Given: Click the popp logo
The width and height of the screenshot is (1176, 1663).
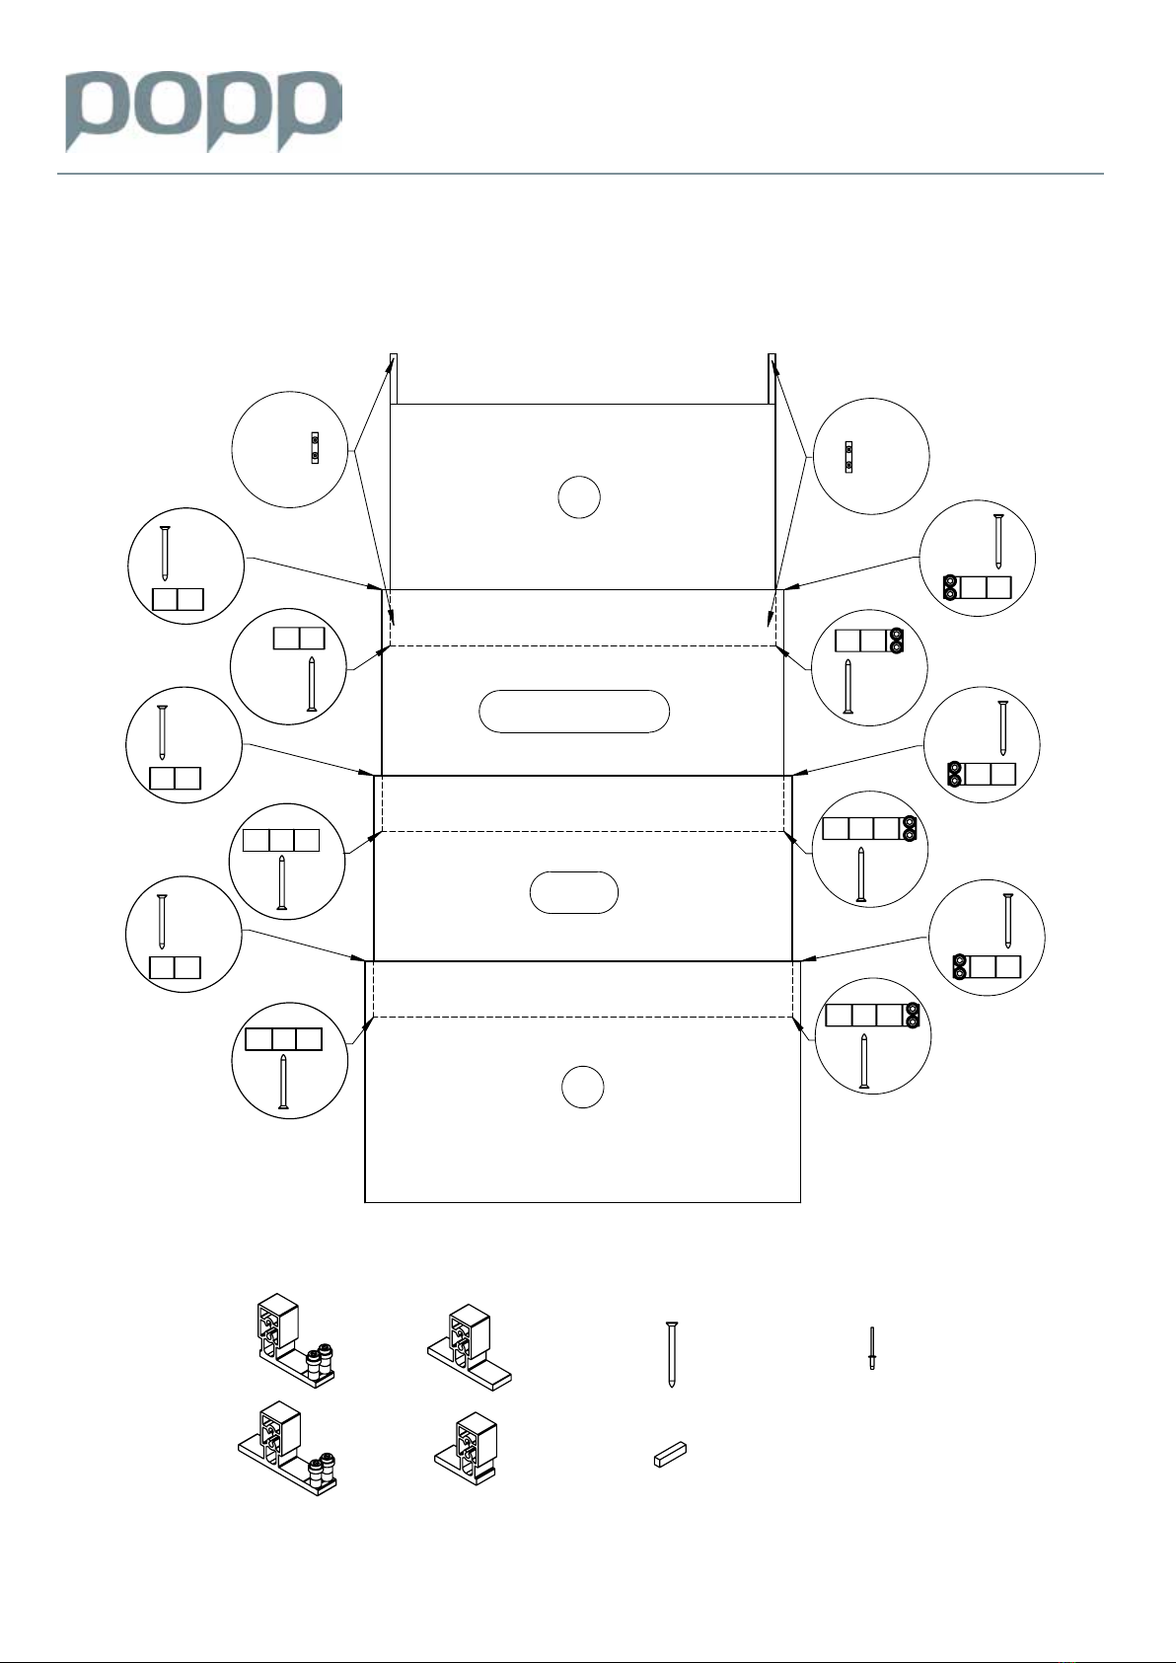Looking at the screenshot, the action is pos(204,113).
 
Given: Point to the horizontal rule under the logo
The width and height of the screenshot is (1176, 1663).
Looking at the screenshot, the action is pos(580,175).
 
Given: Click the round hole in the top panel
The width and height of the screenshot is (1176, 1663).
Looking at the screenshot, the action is pos(579,497).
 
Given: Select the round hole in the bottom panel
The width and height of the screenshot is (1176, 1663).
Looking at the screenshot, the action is pos(582,1087).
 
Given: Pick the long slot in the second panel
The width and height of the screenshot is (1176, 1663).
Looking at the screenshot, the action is pos(574,712).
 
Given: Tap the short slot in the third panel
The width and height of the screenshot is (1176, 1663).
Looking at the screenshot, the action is pos(573,892).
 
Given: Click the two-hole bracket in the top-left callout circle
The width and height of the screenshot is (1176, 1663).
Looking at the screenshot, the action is pos(316,447).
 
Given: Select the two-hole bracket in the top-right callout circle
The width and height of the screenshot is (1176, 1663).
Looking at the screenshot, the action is pos(848,457).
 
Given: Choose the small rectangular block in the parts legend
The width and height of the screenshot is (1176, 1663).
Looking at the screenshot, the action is pos(670,1455).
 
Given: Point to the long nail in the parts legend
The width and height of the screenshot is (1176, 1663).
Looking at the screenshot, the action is pos(672,1355).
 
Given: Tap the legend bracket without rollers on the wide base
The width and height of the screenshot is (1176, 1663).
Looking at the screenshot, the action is pos(470,1347).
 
